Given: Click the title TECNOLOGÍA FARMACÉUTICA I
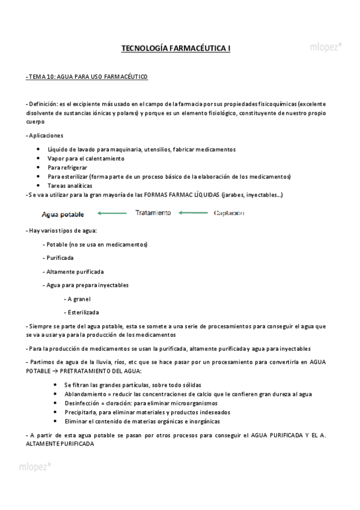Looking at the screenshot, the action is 175,48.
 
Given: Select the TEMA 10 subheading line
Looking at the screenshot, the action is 87,78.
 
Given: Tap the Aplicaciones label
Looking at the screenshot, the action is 45,135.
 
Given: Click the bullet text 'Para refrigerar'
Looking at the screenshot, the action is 67,167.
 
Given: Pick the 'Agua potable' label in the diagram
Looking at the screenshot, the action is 63,214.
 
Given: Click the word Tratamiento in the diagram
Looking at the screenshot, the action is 153,213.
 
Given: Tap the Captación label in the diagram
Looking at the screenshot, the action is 230,213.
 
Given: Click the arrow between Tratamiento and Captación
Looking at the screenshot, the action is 192,213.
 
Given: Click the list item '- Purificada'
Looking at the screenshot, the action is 58,257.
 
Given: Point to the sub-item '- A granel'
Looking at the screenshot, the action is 78,298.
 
